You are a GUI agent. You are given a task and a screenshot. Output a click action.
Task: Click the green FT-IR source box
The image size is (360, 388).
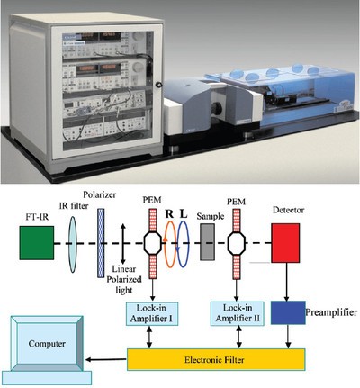[x=37, y=243]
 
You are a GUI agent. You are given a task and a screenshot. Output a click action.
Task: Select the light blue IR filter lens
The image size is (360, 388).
[x=73, y=244]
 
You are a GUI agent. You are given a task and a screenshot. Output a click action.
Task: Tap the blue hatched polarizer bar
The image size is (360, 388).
[x=102, y=243]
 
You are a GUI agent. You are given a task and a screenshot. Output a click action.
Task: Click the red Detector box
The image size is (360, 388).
[x=285, y=243]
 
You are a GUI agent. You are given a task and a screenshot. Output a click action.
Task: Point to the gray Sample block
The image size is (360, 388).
[x=207, y=242]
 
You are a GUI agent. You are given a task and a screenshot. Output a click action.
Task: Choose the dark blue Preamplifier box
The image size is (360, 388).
[x=288, y=312]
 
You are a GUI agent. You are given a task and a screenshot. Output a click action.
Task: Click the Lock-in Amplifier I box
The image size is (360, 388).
[x=152, y=314]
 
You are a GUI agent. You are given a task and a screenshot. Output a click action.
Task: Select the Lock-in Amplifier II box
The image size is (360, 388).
[x=238, y=314]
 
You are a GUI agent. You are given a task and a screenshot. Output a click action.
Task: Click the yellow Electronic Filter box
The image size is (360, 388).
[x=216, y=359]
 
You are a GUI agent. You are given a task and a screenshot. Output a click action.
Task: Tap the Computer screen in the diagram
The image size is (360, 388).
[x=47, y=344]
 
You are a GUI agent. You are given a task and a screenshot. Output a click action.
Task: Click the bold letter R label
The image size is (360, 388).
[x=169, y=214]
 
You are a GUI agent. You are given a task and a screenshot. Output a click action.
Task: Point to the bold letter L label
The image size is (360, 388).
[x=184, y=214]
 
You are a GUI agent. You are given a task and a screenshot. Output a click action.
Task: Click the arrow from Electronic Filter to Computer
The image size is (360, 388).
[x=106, y=359]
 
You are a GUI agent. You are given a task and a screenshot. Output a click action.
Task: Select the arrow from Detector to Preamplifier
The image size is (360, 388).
[x=286, y=282]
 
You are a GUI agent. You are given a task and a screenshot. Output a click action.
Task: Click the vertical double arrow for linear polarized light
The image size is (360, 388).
[x=122, y=244]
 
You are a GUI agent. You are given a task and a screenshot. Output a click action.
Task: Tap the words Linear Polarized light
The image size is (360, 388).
[x=124, y=280]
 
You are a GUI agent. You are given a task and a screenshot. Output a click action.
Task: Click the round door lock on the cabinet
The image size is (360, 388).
[x=158, y=85]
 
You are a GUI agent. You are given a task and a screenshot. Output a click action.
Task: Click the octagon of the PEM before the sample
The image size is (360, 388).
[x=153, y=243]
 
